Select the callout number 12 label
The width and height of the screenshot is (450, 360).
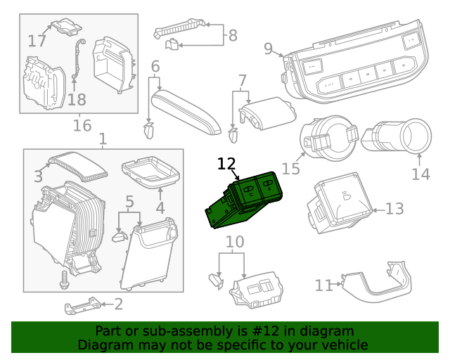coord(226,165)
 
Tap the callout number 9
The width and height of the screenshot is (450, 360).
coord(268,48)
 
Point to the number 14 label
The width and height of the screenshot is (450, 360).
coord(420,173)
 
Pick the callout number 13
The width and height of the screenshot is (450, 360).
coord(395,209)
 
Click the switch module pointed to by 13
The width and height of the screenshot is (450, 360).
coord(339,203)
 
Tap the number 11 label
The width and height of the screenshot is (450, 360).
coord(323,285)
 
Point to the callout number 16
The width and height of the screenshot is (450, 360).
coord(82,126)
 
